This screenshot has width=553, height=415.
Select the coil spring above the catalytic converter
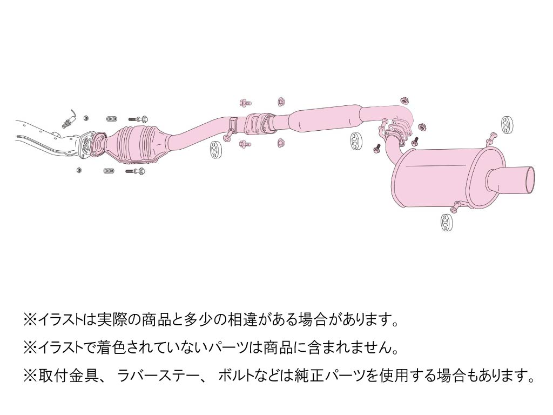click(x=112, y=119)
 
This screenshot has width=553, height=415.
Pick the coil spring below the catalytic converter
click(x=109, y=171)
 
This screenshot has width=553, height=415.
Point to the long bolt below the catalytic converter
click(x=135, y=171)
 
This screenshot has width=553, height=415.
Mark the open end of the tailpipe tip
click(x=529, y=179)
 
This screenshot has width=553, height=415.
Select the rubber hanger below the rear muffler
click(x=446, y=222)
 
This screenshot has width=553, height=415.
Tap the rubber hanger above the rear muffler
click(x=507, y=123)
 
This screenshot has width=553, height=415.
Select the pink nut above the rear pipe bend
click(x=404, y=100)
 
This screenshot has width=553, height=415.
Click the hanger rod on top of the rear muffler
click(x=491, y=138)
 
